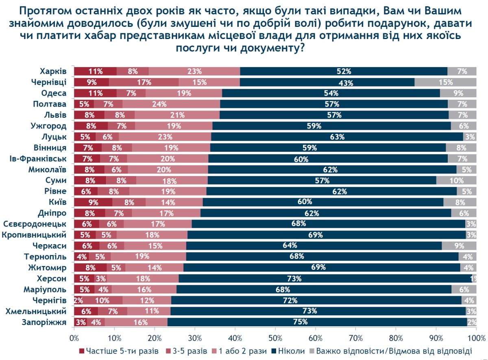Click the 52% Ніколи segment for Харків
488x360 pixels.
tap(344, 71)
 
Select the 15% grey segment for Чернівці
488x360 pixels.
tap(445, 82)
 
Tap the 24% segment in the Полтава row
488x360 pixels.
tap(171, 104)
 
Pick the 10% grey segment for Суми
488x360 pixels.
tap(456, 180)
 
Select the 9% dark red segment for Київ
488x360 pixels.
tap(93, 202)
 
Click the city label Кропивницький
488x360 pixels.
tap(35, 235)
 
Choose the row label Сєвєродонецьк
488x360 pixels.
tap(35, 224)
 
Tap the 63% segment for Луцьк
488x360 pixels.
tap(337, 137)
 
